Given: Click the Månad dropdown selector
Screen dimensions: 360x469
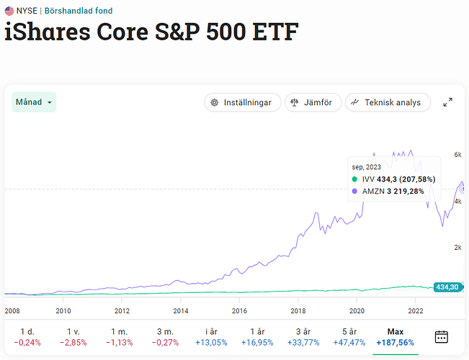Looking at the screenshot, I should pyautogui.click(x=34, y=102).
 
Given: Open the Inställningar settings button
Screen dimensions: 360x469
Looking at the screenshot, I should pyautogui.click(x=242, y=102).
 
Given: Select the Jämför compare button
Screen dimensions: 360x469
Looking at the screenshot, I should pyautogui.click(x=312, y=102).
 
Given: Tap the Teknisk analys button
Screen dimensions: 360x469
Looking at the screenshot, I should pyautogui.click(x=387, y=102).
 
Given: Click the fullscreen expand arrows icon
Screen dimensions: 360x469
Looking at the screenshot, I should pyautogui.click(x=447, y=102).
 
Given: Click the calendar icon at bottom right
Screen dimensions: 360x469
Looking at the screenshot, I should pyautogui.click(x=442, y=337).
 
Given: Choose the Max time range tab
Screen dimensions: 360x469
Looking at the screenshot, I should pyautogui.click(x=395, y=337).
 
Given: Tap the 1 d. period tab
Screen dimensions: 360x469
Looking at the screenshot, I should pyautogui.click(x=28, y=337).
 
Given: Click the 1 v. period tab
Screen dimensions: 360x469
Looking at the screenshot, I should pyautogui.click(x=73, y=337).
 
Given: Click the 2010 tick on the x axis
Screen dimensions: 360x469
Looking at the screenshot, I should pyautogui.click(x=63, y=311).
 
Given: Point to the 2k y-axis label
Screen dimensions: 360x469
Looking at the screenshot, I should pyautogui.click(x=457, y=247).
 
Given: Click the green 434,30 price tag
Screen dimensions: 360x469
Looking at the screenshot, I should pyautogui.click(x=447, y=287).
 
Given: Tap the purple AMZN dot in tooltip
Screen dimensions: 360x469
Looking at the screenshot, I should pyautogui.click(x=354, y=192).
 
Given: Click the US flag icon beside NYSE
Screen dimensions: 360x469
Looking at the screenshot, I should pyautogui.click(x=9, y=12).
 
